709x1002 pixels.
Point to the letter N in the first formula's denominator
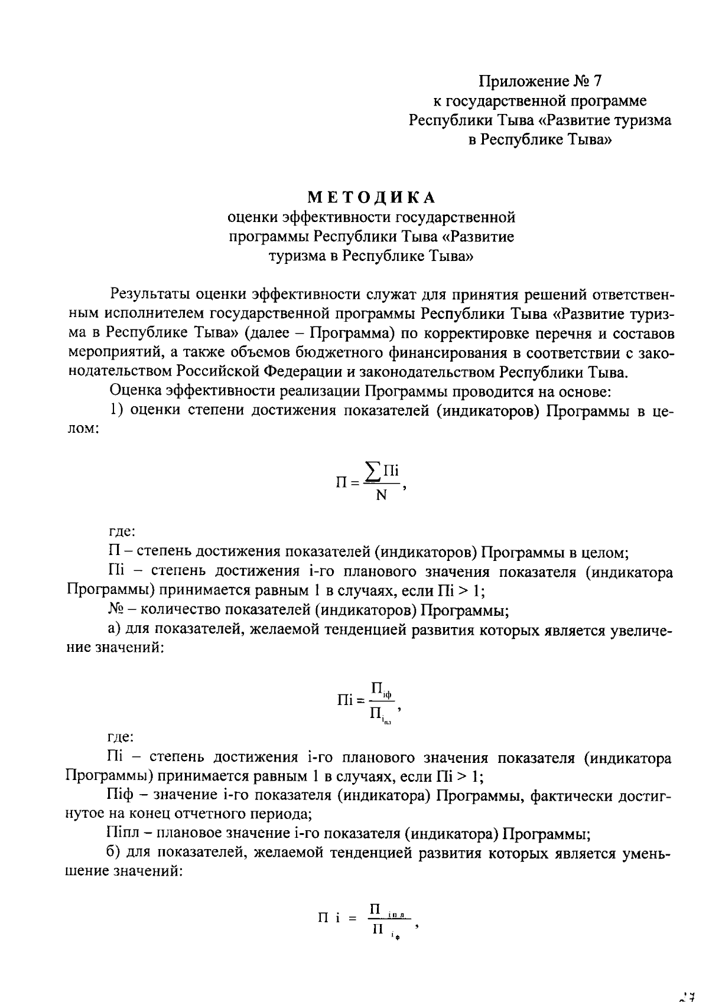click(381, 495)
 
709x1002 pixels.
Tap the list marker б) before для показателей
click(116, 853)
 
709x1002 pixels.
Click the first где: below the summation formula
click(122, 533)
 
